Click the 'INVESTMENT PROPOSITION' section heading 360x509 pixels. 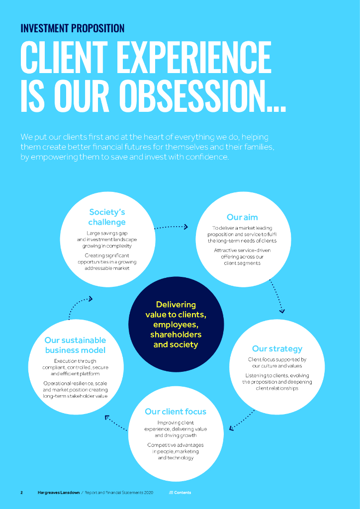[x=73, y=28]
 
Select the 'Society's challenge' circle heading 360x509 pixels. [x=107, y=217]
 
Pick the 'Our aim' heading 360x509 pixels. [x=242, y=217]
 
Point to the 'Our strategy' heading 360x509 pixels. [x=277, y=348]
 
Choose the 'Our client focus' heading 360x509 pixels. [x=175, y=411]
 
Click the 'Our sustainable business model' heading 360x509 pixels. [x=75, y=345]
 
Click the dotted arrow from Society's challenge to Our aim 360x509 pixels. [x=171, y=227]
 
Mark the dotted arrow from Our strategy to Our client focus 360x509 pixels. [x=242, y=420]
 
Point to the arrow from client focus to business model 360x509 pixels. [x=116, y=423]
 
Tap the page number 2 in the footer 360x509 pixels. [x=21, y=493]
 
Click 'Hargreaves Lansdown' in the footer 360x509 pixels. [x=58, y=493]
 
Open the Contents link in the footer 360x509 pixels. [x=180, y=493]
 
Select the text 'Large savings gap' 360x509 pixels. [x=107, y=233]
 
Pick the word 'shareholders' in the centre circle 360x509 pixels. [x=176, y=334]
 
